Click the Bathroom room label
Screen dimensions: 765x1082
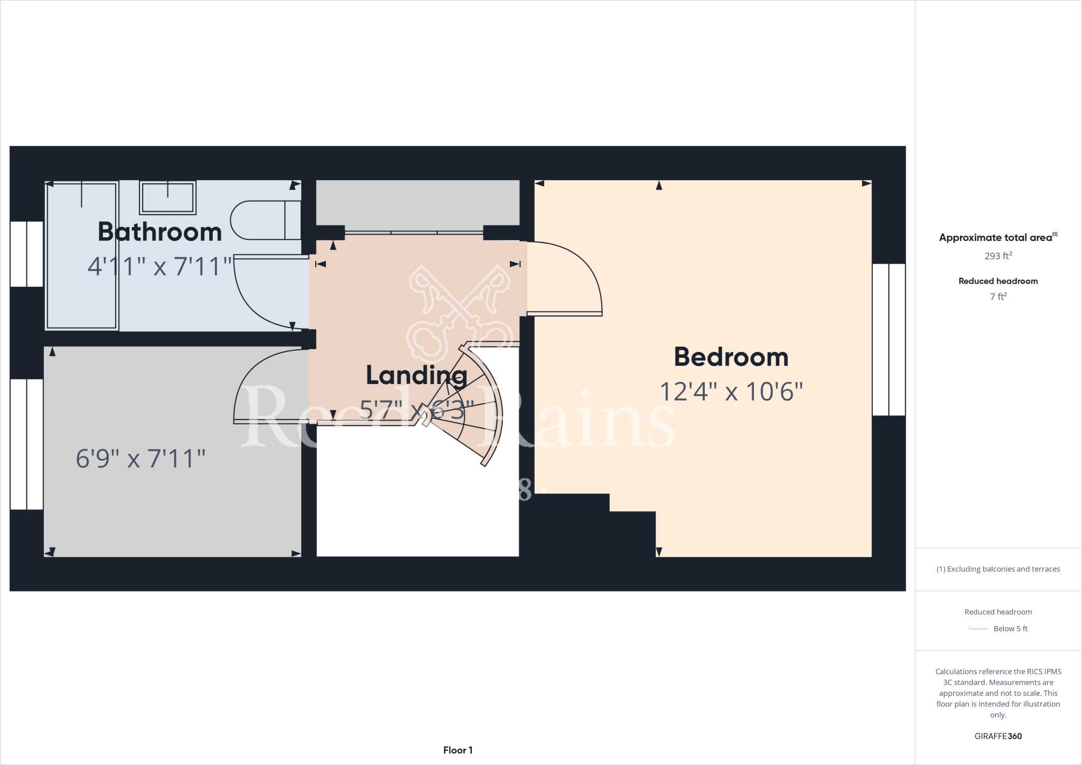(x=160, y=232)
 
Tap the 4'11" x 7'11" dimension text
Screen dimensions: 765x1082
(x=160, y=266)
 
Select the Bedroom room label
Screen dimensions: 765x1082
(x=731, y=357)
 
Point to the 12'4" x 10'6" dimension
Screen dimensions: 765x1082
(x=731, y=392)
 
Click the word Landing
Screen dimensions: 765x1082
(x=416, y=376)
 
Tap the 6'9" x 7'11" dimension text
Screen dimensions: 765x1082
(x=141, y=459)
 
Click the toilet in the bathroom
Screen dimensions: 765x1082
(x=264, y=220)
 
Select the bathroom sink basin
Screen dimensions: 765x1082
(x=167, y=198)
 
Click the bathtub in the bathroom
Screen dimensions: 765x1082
(x=81, y=256)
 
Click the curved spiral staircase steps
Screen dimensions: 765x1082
(x=470, y=407)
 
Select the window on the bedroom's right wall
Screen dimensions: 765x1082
(x=889, y=339)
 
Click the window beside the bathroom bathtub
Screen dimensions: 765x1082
(x=26, y=254)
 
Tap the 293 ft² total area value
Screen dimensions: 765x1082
(x=998, y=256)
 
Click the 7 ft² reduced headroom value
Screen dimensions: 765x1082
(x=998, y=297)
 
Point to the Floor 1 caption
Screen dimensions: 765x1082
(x=458, y=750)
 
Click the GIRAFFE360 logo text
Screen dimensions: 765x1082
(x=998, y=736)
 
